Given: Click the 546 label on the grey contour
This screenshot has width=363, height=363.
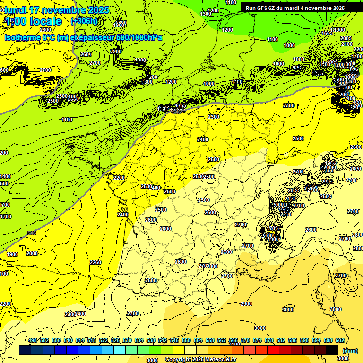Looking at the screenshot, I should click(32, 233).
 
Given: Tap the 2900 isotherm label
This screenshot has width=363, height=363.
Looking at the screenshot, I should click(246, 304).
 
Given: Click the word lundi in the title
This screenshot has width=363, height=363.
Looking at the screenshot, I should click(16, 10).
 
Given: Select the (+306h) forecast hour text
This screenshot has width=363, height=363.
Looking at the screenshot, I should click(84, 21).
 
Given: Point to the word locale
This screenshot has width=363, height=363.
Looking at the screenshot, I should click(45, 21).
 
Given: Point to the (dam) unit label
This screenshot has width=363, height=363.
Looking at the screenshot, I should click(350, 350).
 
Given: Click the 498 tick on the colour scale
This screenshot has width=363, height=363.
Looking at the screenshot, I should click(33, 340).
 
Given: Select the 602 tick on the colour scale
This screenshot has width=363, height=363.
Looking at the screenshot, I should click(339, 340).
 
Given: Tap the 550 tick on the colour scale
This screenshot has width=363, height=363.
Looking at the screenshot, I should click(186, 340).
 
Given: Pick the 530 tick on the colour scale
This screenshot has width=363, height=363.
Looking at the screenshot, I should click(127, 340).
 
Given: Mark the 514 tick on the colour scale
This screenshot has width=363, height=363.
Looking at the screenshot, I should click(80, 340).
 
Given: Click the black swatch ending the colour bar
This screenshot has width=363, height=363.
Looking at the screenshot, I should click(332, 350).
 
